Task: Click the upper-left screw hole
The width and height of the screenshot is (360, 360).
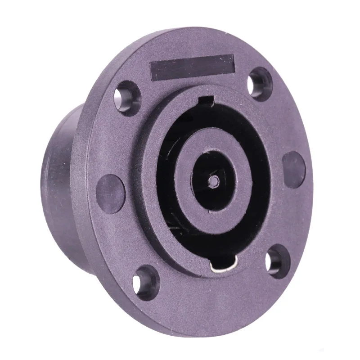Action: pyautogui.click(x=127, y=95)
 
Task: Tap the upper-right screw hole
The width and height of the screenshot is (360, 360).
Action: pyautogui.click(x=261, y=83)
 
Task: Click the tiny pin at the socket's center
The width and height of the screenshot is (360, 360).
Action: pyautogui.click(x=215, y=180)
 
